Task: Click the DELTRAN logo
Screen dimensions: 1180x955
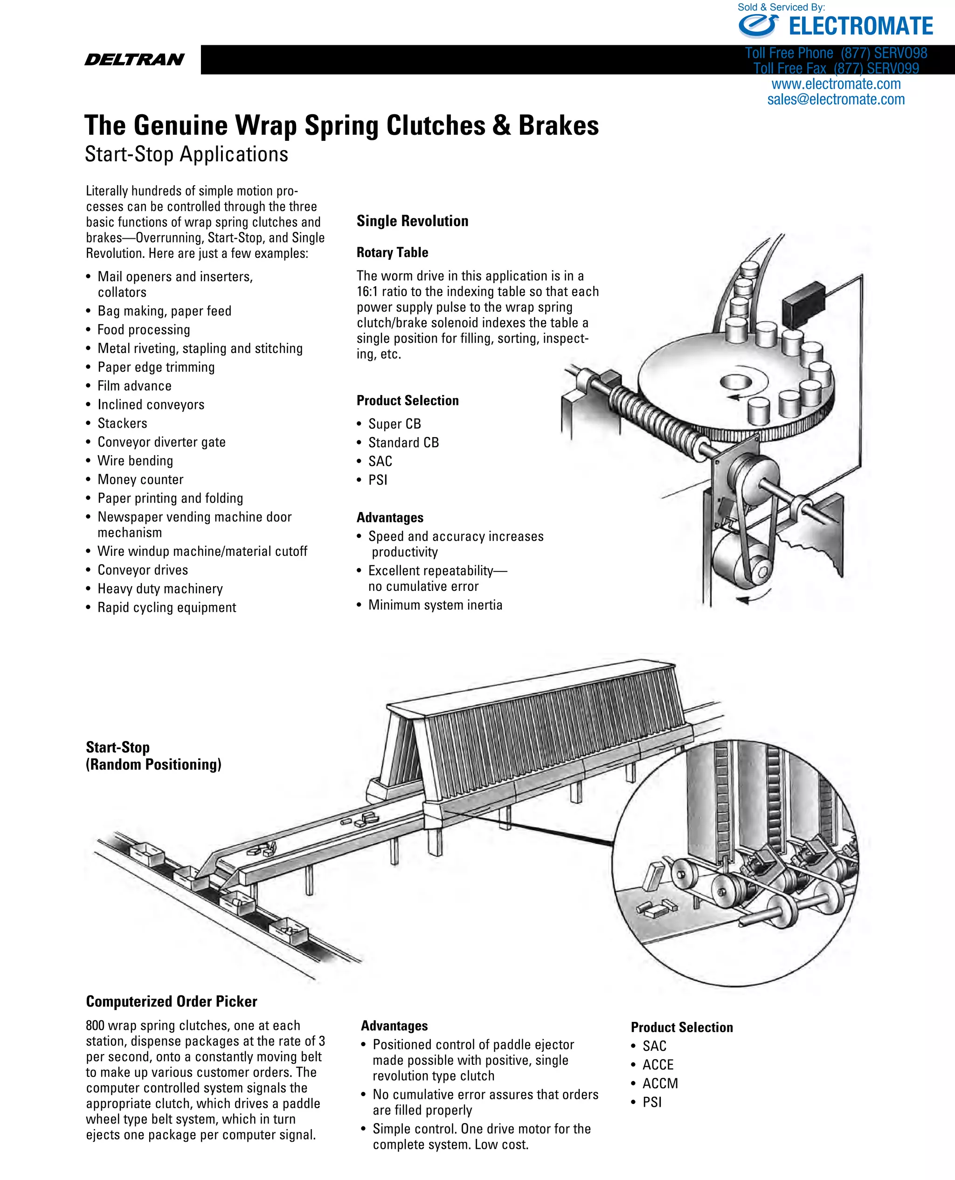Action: point(134,59)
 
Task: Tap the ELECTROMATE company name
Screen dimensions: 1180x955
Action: point(860,27)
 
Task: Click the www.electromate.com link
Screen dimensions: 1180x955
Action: point(836,84)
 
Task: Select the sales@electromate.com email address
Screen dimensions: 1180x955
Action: point(836,99)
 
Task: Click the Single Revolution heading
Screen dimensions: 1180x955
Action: point(412,221)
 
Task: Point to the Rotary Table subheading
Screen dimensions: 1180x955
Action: point(392,252)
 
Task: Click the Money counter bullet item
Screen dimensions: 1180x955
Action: point(140,480)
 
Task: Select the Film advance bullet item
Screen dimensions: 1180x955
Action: point(134,386)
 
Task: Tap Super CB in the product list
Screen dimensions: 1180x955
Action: point(394,424)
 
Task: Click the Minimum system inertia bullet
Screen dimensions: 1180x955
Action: point(435,605)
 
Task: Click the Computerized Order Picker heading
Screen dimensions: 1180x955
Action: point(171,1001)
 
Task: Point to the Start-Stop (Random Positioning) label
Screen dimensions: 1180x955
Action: point(153,756)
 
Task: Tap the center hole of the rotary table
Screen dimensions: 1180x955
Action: point(736,381)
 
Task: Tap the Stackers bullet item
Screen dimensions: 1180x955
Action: point(122,423)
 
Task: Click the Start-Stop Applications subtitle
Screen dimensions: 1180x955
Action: point(186,154)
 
